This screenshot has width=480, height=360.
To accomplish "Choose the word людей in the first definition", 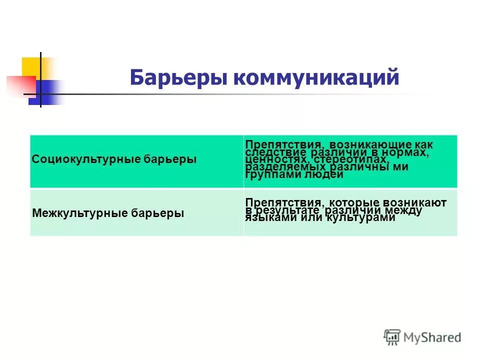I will pyautogui.click(x=320, y=175).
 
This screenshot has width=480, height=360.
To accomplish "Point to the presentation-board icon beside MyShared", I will pyautogui.click(x=392, y=337).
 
